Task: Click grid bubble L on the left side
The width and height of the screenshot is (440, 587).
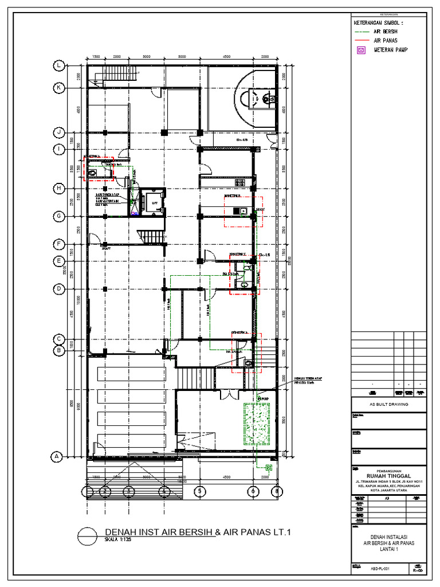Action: pos(59,66)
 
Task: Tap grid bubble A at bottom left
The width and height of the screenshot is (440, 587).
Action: pos(56,457)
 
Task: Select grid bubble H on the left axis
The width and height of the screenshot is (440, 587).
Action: pos(58,188)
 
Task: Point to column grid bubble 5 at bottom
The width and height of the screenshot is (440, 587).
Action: pos(199,491)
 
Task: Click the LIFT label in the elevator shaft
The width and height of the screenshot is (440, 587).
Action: pos(154,203)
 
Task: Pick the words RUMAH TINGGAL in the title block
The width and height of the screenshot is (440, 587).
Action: pos(388,473)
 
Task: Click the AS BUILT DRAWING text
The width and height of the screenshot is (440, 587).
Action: pos(388,404)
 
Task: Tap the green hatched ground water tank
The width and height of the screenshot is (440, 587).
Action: pos(257,424)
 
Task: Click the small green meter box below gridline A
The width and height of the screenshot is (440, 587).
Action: pos(269,467)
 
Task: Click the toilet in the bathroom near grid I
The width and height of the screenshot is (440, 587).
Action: pos(92,171)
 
